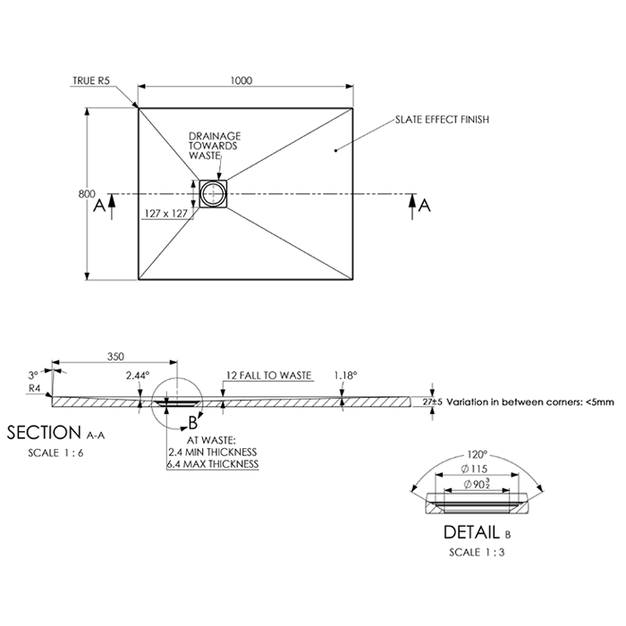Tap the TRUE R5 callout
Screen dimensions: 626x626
[x=91, y=80]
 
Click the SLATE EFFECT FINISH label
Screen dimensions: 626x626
[x=442, y=119]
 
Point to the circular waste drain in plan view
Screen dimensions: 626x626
[x=213, y=193]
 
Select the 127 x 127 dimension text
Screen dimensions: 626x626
[x=165, y=213]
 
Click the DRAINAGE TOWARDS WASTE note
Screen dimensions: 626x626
[x=214, y=145]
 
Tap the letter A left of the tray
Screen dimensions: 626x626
[x=97, y=206]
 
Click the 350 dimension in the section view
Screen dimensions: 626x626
[x=115, y=356]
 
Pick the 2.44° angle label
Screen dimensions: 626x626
[x=138, y=376]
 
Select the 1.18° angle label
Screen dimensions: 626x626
[x=345, y=376]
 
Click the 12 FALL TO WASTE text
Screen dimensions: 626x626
[x=268, y=376]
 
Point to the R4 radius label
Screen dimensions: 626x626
[x=35, y=388]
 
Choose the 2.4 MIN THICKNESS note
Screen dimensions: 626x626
[x=213, y=453]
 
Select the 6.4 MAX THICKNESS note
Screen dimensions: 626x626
[x=213, y=464]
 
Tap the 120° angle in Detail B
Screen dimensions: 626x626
[x=482, y=454]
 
